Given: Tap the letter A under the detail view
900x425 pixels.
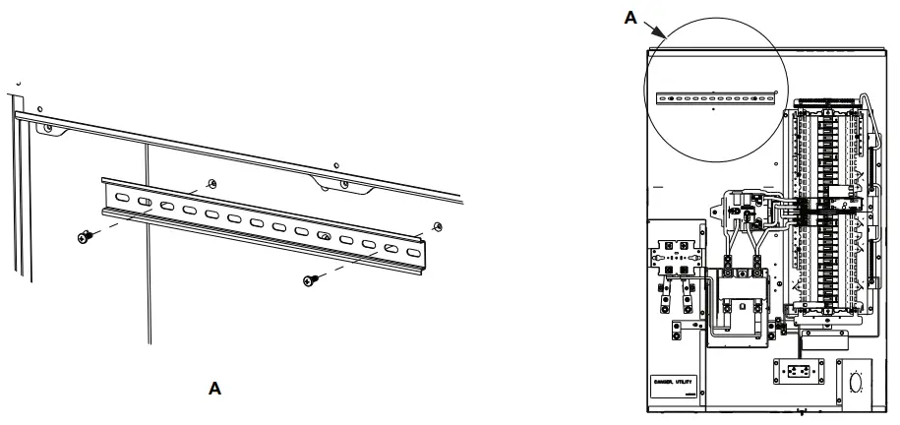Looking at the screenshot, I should point(213,389).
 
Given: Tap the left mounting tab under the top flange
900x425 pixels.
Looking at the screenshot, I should point(47,128).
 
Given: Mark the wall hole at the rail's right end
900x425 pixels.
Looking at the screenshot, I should point(437,227).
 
